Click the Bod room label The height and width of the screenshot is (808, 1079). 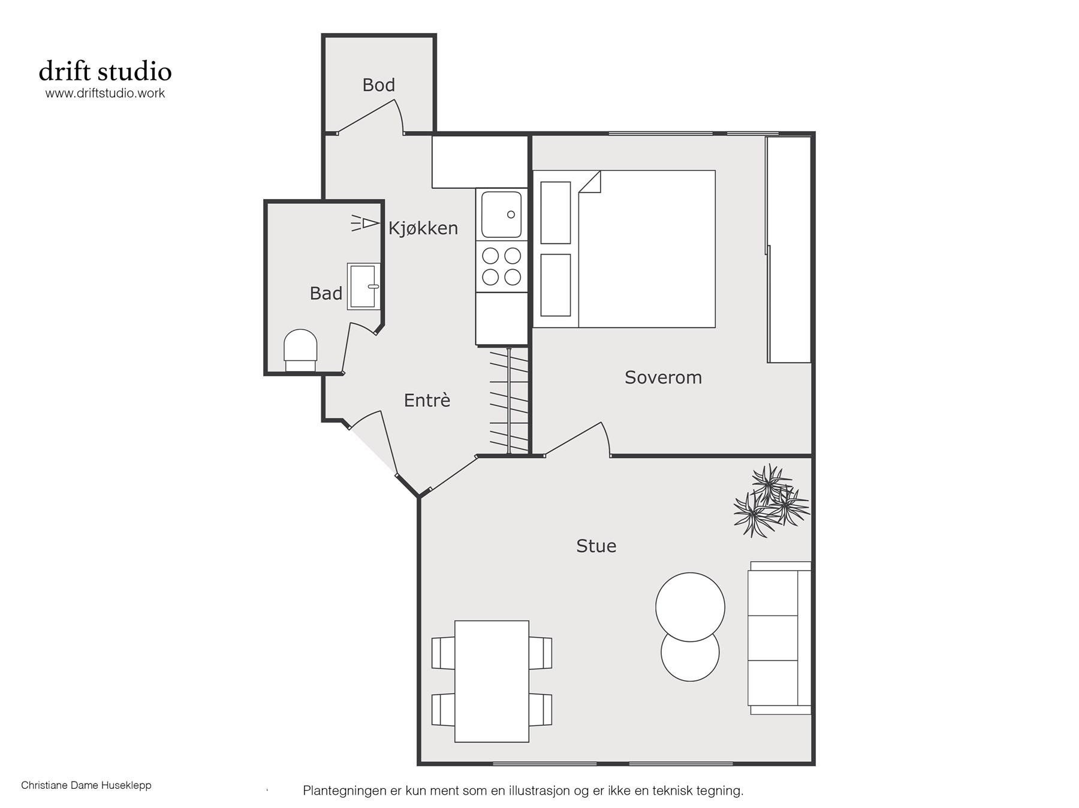click(378, 85)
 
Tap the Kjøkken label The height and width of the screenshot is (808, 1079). click(423, 228)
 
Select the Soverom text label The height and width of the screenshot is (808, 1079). click(663, 378)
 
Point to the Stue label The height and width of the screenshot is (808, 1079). click(596, 546)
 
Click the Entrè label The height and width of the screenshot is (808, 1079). click(427, 400)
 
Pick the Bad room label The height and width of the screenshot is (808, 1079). click(326, 294)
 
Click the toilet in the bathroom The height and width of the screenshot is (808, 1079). click(300, 351)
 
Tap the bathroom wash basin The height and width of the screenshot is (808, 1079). click(364, 287)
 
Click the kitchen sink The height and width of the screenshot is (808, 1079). click(502, 215)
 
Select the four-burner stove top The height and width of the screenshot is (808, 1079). click(502, 267)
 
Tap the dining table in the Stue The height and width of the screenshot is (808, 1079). click(492, 682)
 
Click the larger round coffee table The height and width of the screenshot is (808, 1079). click(690, 607)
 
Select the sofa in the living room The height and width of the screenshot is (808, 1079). click(779, 638)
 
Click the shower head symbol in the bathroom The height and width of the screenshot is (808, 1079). click(365, 224)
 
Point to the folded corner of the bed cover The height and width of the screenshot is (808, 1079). click(590, 182)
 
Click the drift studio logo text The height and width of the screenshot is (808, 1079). click(106, 71)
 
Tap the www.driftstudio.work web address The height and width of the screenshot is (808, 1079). click(105, 94)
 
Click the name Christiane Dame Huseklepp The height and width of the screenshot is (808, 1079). click(86, 785)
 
